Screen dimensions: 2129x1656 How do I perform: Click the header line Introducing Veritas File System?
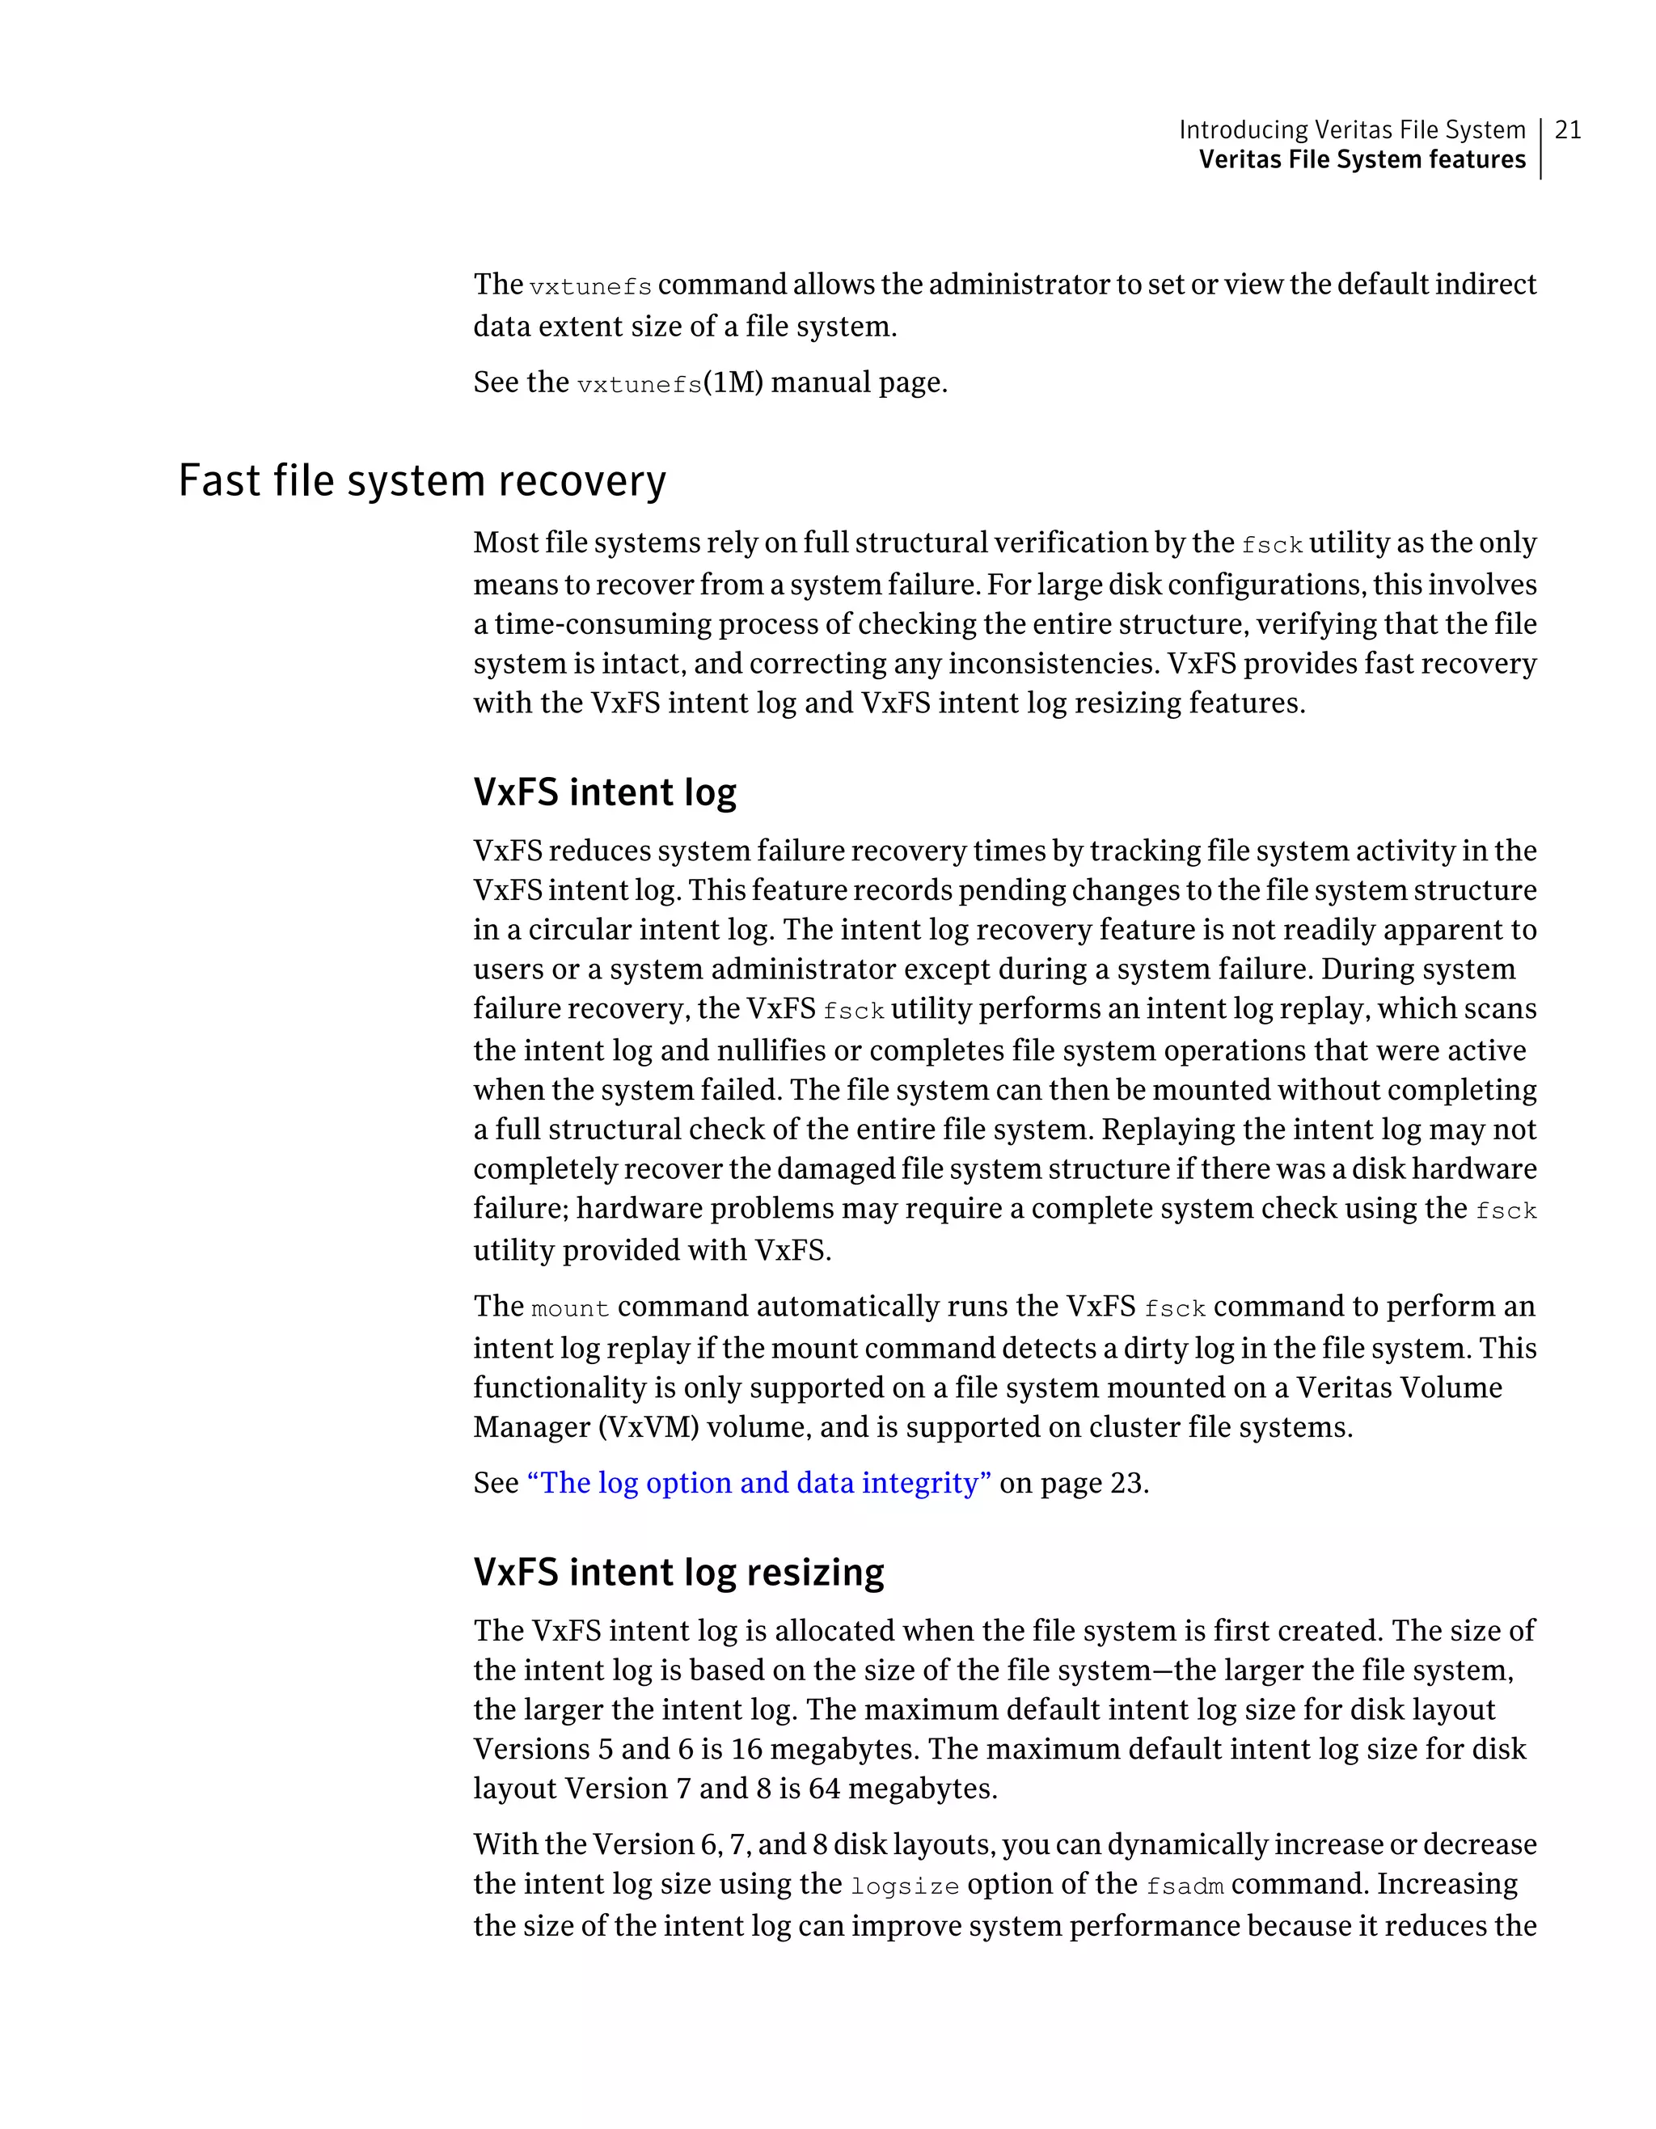tap(1351, 129)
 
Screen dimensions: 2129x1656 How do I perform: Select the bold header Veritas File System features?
tap(1362, 160)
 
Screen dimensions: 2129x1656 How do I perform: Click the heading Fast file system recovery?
tap(422, 480)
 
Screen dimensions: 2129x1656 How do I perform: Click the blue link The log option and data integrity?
tap(758, 1483)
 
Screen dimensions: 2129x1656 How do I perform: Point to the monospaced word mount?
tap(570, 1308)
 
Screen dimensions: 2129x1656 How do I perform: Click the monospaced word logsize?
tap(905, 1886)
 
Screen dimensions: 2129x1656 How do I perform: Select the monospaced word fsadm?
tap(1185, 1886)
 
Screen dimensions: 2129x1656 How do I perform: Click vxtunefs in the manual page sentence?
tap(640, 384)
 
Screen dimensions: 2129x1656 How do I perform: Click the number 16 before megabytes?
tap(746, 1749)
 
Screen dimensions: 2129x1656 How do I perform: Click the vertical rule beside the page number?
tap(1541, 147)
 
